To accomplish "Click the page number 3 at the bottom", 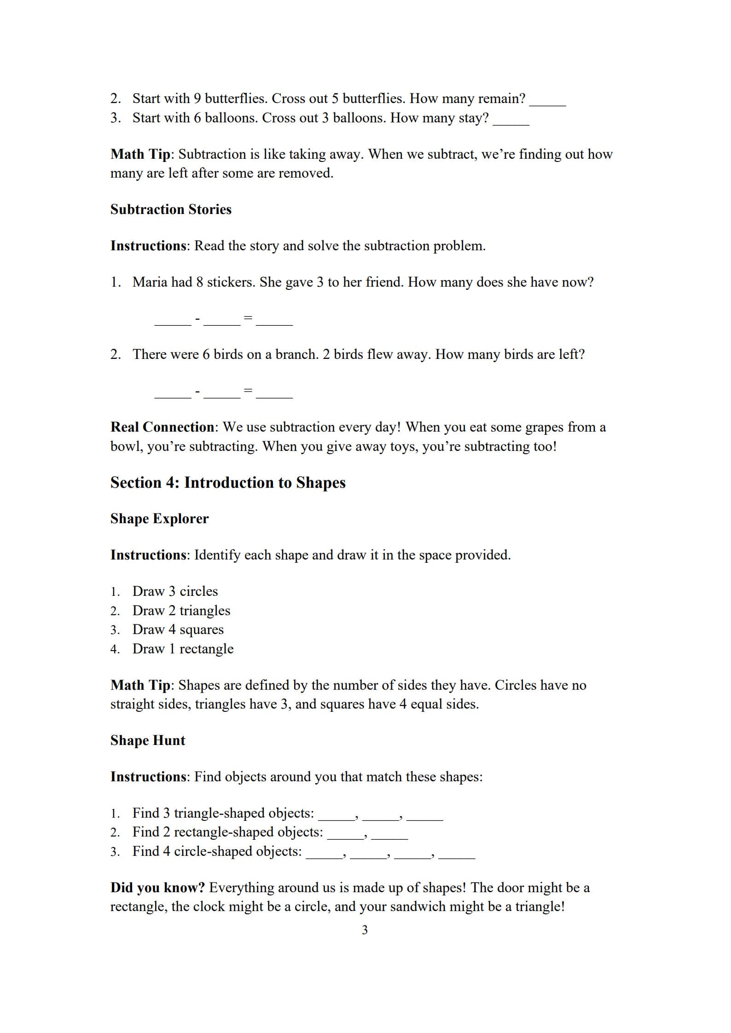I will tap(365, 930).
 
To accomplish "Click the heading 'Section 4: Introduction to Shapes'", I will tap(228, 482).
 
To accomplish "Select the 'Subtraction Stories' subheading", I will tap(171, 209).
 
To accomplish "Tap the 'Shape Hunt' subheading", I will tap(148, 740).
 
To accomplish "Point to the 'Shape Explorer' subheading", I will tap(159, 519).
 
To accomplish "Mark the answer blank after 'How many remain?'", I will tap(547, 102).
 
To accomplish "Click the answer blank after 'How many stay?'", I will tap(511, 121).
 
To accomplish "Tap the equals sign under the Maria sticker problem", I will tap(248, 318).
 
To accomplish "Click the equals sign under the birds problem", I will tap(248, 391).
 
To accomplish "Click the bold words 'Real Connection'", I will tap(162, 427).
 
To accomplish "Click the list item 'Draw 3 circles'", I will tap(175, 591).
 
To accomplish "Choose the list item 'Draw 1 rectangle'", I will tap(183, 649).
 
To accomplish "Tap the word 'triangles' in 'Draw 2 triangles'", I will tap(204, 611).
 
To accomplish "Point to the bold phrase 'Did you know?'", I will tap(157, 888).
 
